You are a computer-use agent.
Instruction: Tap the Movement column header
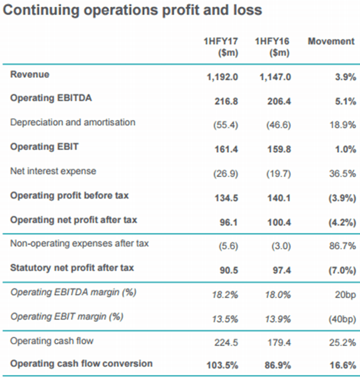(x=331, y=41)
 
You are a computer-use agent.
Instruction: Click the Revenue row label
(x=30, y=74)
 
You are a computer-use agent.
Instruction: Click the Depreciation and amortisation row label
(x=72, y=122)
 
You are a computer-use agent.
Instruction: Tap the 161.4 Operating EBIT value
(x=226, y=149)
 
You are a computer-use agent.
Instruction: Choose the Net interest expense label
(x=53, y=171)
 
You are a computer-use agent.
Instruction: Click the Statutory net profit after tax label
(x=72, y=268)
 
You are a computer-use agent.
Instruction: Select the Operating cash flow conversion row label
(x=81, y=364)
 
